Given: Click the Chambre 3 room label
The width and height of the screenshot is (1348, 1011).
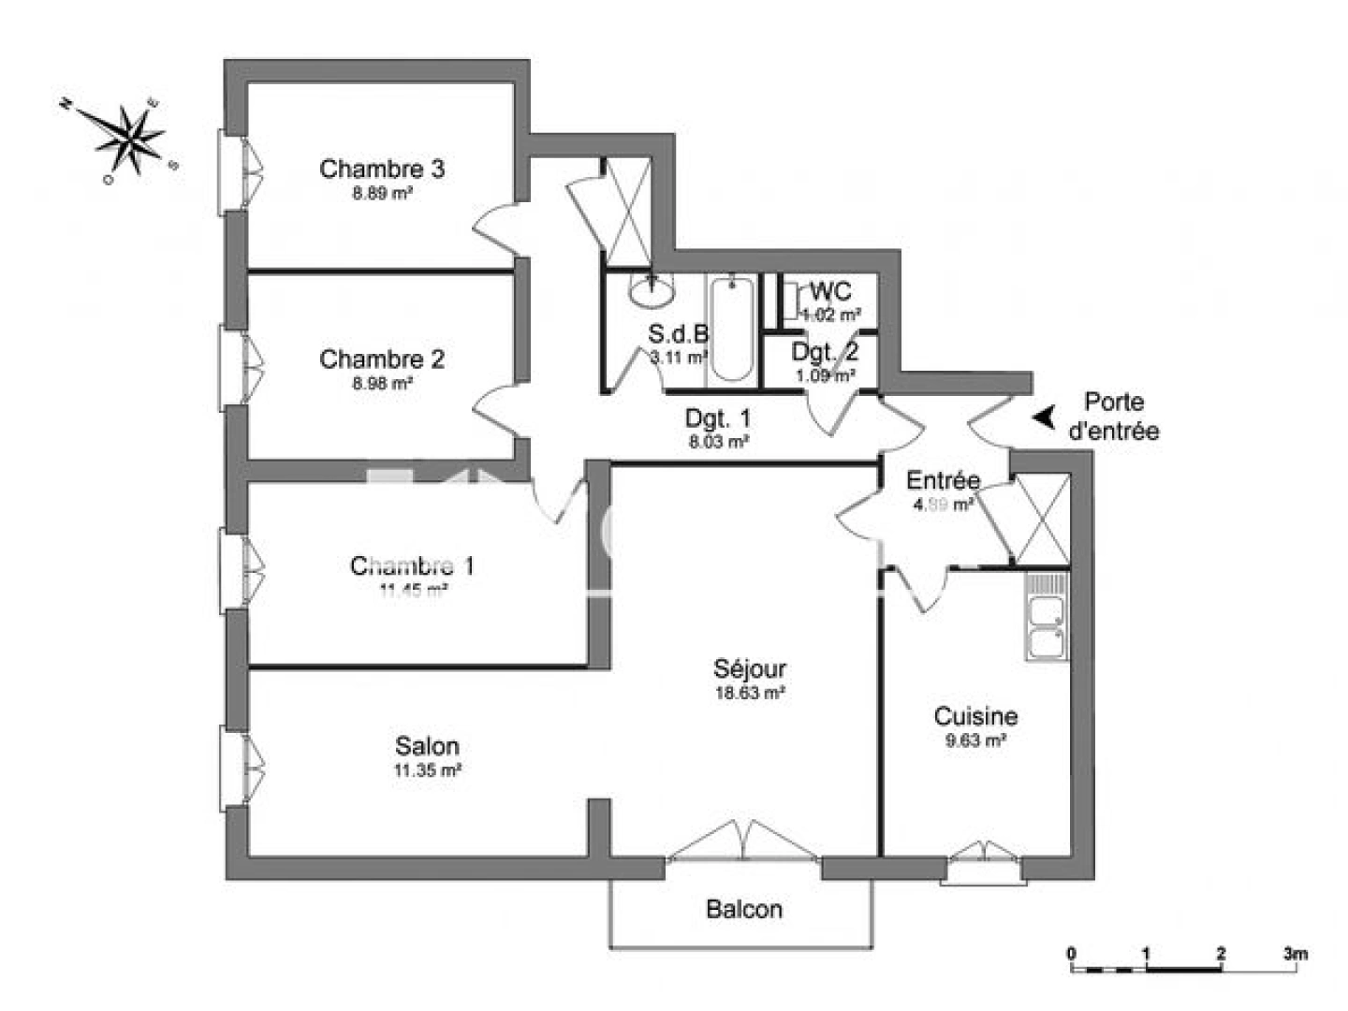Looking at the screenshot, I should (x=381, y=168).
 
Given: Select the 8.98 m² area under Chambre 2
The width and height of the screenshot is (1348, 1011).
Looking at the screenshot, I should (x=382, y=383).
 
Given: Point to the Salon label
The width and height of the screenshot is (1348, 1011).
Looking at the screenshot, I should (x=427, y=746).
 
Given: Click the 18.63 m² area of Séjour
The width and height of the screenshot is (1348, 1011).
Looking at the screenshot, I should (x=749, y=694).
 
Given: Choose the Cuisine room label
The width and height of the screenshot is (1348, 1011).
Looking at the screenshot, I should (x=975, y=716).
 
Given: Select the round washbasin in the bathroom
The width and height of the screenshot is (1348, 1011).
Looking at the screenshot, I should (x=652, y=291).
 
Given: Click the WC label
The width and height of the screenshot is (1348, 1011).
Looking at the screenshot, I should (x=830, y=291).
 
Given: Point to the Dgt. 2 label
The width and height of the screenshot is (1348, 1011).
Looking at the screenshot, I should (x=825, y=352).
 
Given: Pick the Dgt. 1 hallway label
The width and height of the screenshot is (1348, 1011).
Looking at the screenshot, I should (x=718, y=418).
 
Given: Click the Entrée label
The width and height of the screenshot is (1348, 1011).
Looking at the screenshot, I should (x=943, y=480).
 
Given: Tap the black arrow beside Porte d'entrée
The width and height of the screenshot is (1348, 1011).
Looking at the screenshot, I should (x=1045, y=417).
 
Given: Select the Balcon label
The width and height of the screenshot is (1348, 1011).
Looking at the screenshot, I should (x=744, y=909).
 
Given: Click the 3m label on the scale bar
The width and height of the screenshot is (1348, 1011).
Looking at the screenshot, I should (x=1295, y=954).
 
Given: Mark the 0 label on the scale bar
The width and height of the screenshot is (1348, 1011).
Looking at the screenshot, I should (x=1072, y=954).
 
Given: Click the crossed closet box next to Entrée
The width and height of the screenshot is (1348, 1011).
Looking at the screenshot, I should (x=1041, y=520).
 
